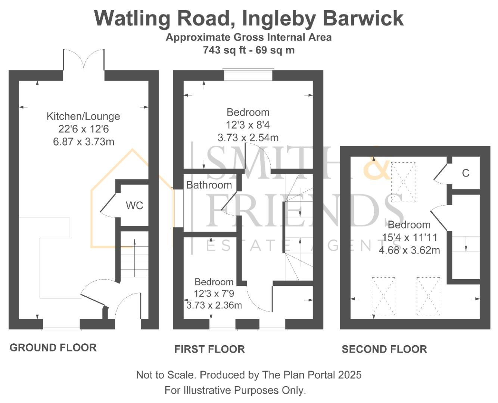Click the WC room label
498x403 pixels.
[x=134, y=206]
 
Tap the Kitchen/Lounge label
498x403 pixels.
[x=83, y=116]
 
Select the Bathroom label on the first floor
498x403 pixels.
[x=209, y=185]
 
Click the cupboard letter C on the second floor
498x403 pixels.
[x=466, y=173]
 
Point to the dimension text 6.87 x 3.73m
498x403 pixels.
[x=84, y=142]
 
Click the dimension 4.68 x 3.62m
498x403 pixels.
[x=409, y=250]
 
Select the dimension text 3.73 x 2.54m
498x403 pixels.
[x=248, y=138]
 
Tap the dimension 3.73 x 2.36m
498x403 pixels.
[x=214, y=305]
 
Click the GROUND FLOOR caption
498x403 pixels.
[x=53, y=348]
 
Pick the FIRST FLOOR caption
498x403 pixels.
[x=209, y=349]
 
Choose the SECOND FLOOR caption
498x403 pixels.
[x=385, y=349]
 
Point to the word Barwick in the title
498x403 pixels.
[x=363, y=18]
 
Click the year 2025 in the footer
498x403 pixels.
[x=349, y=375]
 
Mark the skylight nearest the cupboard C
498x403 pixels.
[x=403, y=182]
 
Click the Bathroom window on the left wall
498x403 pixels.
[x=174, y=208]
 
